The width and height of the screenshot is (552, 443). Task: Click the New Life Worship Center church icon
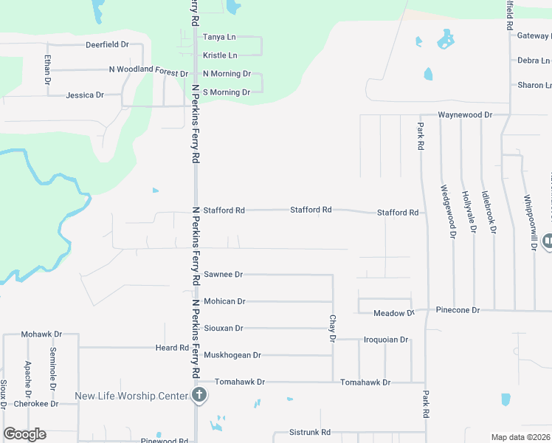coord(199,396)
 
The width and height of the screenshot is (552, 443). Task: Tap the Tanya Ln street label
coord(219,36)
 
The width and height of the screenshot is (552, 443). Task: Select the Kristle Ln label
coord(220,55)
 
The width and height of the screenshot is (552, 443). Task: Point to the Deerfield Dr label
coord(107,44)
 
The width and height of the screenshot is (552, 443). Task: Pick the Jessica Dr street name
coord(85,95)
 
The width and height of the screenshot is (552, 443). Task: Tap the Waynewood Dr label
coord(464,115)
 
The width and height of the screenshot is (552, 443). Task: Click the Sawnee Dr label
coord(223,275)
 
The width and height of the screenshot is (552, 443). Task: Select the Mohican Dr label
coord(224,301)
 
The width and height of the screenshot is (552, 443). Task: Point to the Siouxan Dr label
coord(223,328)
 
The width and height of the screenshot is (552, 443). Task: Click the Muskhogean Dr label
coord(232,355)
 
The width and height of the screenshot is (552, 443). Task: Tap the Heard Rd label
coord(172,348)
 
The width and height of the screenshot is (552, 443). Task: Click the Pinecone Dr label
coord(458,310)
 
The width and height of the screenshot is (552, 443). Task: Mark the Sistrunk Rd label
coord(310,432)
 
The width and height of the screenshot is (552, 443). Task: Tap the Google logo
coord(24,434)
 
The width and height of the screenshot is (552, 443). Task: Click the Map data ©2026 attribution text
coord(521,437)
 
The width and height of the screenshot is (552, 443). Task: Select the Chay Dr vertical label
coord(332,328)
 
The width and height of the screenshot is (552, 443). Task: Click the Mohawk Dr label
coord(41,334)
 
